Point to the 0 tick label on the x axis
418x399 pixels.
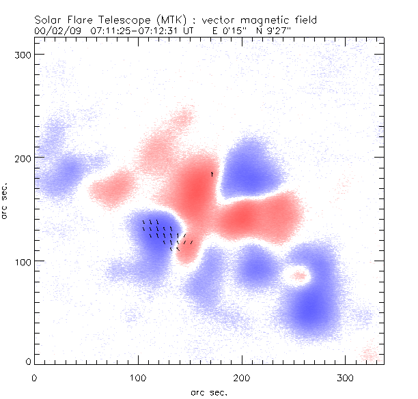(x=34, y=377)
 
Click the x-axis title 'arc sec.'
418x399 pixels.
(x=209, y=392)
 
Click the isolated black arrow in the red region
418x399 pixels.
(x=212, y=175)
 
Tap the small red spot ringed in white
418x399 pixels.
(x=297, y=276)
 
